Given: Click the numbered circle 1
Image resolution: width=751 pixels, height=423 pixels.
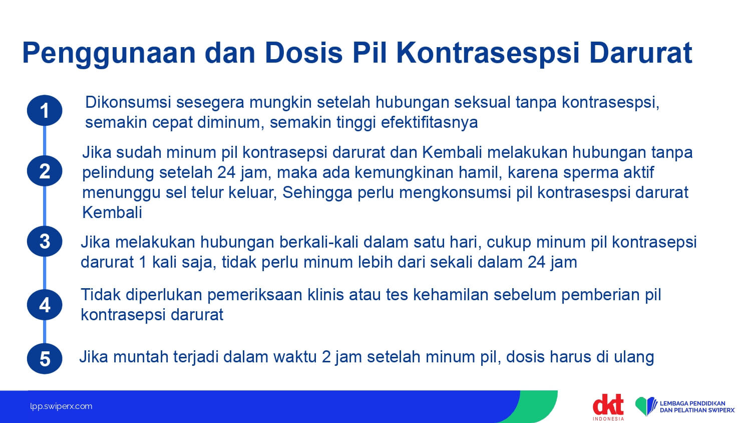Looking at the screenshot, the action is coord(45,110).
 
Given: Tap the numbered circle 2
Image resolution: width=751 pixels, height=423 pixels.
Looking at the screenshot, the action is coord(45,171).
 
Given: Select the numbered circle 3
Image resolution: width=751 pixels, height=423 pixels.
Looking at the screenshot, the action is coord(45,242).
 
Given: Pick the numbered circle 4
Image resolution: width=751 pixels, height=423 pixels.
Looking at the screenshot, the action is coord(45,305).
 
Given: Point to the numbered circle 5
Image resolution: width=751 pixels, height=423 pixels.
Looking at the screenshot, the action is coord(45,358).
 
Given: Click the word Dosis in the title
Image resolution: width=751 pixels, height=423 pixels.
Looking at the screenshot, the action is coord(304,53).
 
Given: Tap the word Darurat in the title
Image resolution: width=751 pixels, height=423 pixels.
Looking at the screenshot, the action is coord(640,53).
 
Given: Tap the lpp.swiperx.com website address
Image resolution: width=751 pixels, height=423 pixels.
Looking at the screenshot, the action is coord(61,406).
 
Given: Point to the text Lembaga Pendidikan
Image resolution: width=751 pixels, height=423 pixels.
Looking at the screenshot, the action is coord(692,403).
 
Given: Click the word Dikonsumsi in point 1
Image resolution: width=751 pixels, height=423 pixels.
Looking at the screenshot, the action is coord(128,102).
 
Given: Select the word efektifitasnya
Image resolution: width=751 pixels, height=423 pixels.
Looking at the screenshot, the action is coord(429,122).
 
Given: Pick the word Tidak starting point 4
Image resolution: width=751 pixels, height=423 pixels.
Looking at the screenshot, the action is coord(101,295).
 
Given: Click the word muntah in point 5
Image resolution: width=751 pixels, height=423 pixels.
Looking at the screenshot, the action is coord(141,357).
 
